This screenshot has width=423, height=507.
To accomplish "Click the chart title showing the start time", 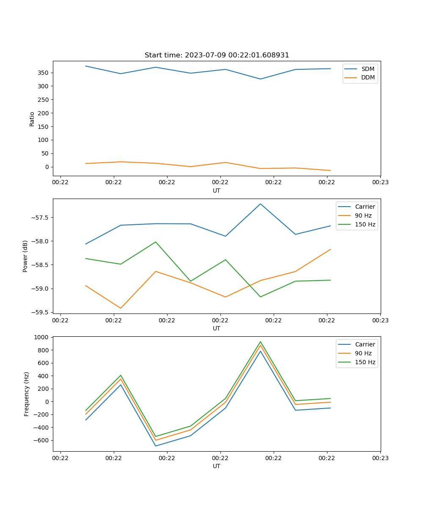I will (217, 55).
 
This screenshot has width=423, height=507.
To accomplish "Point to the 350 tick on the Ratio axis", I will (44, 73).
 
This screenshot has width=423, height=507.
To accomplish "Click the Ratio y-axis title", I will (32, 119).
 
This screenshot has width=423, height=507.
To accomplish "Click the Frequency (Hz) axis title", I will (27, 394).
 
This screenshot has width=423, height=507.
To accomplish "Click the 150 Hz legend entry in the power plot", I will (365, 224).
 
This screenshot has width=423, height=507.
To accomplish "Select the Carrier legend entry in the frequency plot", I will (365, 344).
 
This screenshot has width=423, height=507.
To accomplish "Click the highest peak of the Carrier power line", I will (261, 204).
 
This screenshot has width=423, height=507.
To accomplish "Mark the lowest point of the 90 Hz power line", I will (121, 308).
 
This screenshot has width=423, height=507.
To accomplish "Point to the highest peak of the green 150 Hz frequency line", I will (261, 342).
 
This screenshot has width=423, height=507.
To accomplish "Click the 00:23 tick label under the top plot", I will (380, 183).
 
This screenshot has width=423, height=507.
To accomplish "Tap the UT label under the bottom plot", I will (217, 466).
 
